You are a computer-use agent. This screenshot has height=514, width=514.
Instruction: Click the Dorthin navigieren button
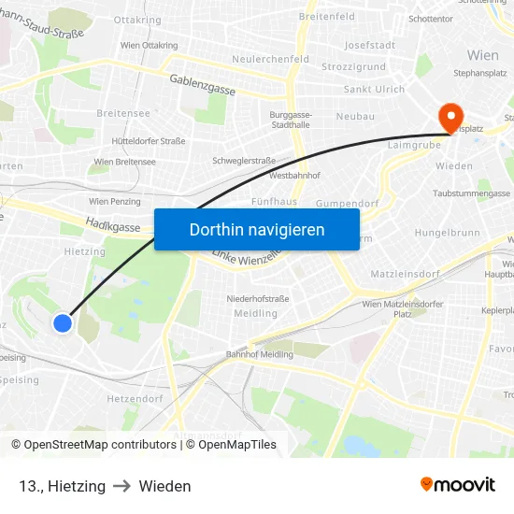pyautogui.click(x=257, y=229)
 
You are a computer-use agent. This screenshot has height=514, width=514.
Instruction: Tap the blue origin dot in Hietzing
pyautogui.click(x=63, y=323)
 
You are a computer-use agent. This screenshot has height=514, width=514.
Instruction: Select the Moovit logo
pyautogui.click(x=458, y=484)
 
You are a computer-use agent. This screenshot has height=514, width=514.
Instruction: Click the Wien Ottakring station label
pyautogui.click(x=149, y=45)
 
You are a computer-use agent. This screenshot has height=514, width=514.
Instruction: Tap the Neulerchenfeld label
pyautogui.click(x=270, y=59)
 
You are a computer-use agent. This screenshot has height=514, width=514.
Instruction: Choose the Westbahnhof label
pyautogui.click(x=294, y=175)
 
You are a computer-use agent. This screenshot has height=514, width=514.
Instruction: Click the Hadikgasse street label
pyautogui.click(x=112, y=226)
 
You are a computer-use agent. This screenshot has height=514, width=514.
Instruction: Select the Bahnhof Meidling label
pyautogui.click(x=259, y=354)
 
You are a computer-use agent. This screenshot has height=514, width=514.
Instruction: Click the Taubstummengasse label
pyautogui.click(x=471, y=193)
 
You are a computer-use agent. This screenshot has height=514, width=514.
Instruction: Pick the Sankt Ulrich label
pyautogui.click(x=375, y=90)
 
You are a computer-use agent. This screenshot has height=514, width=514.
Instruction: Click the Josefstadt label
pyautogui.click(x=370, y=44)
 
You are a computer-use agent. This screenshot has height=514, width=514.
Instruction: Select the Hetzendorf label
pyautogui.click(x=136, y=398)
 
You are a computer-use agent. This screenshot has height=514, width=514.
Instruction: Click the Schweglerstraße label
pyautogui.click(x=244, y=160)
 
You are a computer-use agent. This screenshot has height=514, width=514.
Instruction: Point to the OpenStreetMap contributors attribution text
pyautogui.click(x=92, y=445)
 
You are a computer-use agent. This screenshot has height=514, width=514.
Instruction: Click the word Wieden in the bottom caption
pyautogui.click(x=164, y=486)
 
